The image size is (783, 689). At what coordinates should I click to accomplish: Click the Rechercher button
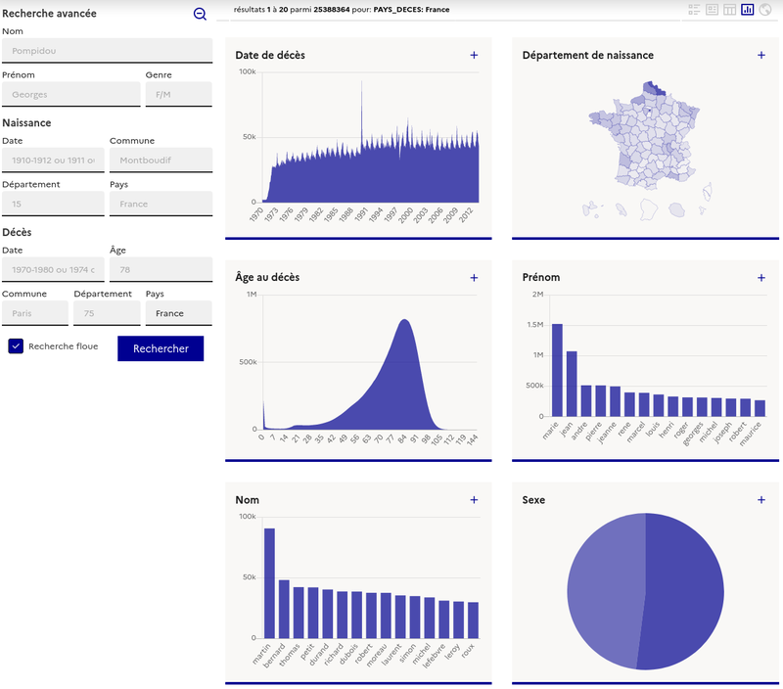click(x=161, y=348)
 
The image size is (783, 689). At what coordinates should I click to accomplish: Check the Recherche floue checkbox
click(x=16, y=346)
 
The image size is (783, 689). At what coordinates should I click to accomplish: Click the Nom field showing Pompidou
click(x=107, y=51)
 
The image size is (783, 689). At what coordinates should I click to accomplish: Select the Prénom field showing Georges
click(x=70, y=94)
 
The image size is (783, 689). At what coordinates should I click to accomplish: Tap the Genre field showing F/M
click(x=178, y=94)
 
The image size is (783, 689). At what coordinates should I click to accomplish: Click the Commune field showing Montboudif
click(x=161, y=160)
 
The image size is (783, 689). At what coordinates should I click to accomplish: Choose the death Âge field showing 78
click(x=161, y=269)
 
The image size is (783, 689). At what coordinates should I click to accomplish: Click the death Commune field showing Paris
click(x=35, y=313)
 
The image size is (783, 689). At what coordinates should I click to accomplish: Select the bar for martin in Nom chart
click(x=269, y=583)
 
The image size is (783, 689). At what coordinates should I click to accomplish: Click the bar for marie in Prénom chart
click(x=557, y=370)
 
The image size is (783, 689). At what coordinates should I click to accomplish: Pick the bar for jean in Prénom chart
click(x=572, y=384)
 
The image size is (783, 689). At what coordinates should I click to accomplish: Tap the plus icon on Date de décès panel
click(x=474, y=56)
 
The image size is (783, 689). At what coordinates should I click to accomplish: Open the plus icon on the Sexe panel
click(x=761, y=500)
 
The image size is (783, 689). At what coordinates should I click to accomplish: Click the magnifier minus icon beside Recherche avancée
click(x=200, y=14)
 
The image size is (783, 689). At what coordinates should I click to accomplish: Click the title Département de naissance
click(x=587, y=56)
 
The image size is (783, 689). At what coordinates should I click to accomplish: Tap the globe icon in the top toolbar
click(x=765, y=10)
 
